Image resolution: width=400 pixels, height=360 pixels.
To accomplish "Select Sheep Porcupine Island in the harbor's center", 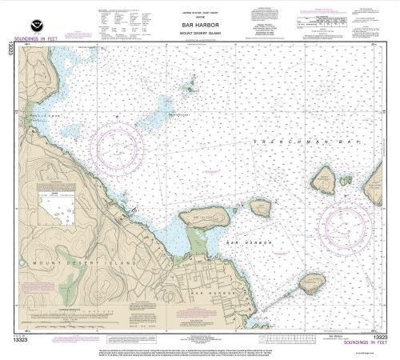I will click(x=261, y=209).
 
